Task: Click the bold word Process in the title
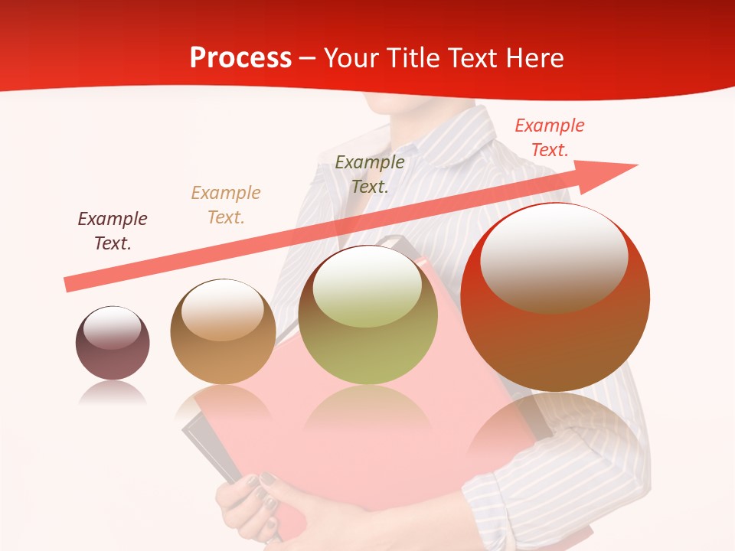[x=240, y=58]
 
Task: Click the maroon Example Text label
[x=113, y=231]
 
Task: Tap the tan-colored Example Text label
[x=226, y=205]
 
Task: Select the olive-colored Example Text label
[x=370, y=174]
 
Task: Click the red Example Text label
[x=549, y=137]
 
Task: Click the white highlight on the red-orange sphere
[x=554, y=256]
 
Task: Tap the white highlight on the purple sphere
[x=112, y=328]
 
